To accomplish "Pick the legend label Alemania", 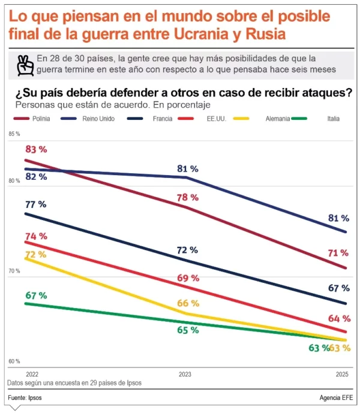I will [x=278, y=119].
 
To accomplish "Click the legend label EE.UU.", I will [x=216, y=119].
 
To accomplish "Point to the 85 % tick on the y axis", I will [x=14, y=134].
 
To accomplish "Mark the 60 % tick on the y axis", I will [x=14, y=361].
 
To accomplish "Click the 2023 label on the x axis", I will [x=185, y=373].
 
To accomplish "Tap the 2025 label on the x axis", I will [x=343, y=373].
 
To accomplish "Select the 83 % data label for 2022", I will [x=36, y=149].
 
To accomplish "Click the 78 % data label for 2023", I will [x=188, y=197].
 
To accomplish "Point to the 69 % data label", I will [x=188, y=278].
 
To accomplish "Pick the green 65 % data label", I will [x=188, y=330].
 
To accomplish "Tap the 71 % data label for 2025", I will [x=338, y=253].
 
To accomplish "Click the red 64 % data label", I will [x=338, y=318].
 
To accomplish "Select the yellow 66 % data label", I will [x=188, y=303].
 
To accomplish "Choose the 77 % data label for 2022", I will [x=36, y=204].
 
